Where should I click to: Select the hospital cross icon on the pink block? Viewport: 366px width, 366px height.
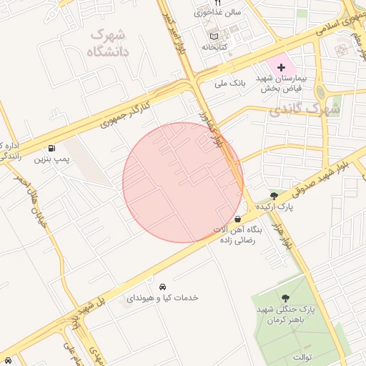pos(280,66)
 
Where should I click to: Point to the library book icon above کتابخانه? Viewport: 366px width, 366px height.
pos(212,36)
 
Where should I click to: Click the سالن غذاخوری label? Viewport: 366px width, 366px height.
pos(218,12)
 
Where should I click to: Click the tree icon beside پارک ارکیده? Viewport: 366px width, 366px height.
pos(274,197)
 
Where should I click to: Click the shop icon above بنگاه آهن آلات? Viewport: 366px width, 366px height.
pos(237,219)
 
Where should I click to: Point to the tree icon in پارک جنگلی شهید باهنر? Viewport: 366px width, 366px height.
pos(286,298)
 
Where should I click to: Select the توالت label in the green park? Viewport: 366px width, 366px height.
pos(295,355)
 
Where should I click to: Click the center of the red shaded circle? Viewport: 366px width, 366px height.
pos(183,183)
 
